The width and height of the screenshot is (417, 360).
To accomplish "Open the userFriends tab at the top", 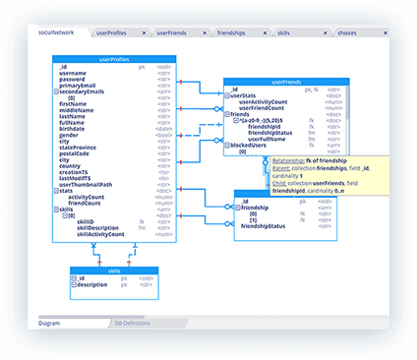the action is pos(170,32).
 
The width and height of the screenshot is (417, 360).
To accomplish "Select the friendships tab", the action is pos(233,32).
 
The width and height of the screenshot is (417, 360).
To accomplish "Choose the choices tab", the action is pos(347,32).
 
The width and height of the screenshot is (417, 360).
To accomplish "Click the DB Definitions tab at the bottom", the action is pos(132,323).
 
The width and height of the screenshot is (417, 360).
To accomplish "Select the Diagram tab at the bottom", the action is pos(50,323).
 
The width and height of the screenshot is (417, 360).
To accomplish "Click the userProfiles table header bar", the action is pos(114,59).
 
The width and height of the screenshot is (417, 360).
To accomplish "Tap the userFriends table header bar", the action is pos(284,83).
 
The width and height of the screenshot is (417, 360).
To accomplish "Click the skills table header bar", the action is pos(114,270).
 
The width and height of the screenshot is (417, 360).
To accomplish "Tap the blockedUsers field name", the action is pos(252,145).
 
